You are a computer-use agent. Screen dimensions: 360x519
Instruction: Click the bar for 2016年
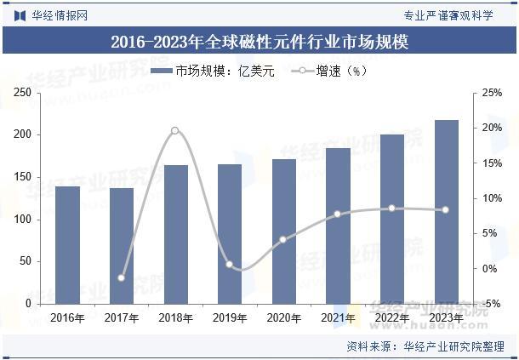(x=67, y=245)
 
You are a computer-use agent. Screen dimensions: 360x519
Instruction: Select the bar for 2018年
(x=175, y=234)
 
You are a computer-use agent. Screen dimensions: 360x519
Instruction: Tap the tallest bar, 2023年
(x=446, y=212)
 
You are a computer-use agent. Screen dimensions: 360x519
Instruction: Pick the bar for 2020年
(x=283, y=231)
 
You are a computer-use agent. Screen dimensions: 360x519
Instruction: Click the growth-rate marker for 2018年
(x=175, y=130)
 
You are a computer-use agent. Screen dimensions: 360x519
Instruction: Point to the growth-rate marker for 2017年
(x=122, y=277)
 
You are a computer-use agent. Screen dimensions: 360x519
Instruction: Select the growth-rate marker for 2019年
(x=230, y=265)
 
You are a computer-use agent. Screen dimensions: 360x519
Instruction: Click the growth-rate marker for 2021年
(x=338, y=214)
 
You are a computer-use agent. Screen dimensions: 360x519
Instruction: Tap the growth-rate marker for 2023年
(x=446, y=209)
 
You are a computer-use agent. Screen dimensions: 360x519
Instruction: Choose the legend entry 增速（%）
(x=328, y=71)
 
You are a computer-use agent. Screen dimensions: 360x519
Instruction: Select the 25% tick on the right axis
(x=492, y=93)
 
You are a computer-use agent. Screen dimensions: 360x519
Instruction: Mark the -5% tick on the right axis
(x=492, y=304)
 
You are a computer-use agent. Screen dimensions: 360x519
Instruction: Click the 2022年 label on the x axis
(x=391, y=318)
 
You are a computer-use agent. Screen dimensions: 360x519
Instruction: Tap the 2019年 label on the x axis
(x=230, y=318)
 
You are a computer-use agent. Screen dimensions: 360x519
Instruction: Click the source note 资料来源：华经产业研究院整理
(x=425, y=346)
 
